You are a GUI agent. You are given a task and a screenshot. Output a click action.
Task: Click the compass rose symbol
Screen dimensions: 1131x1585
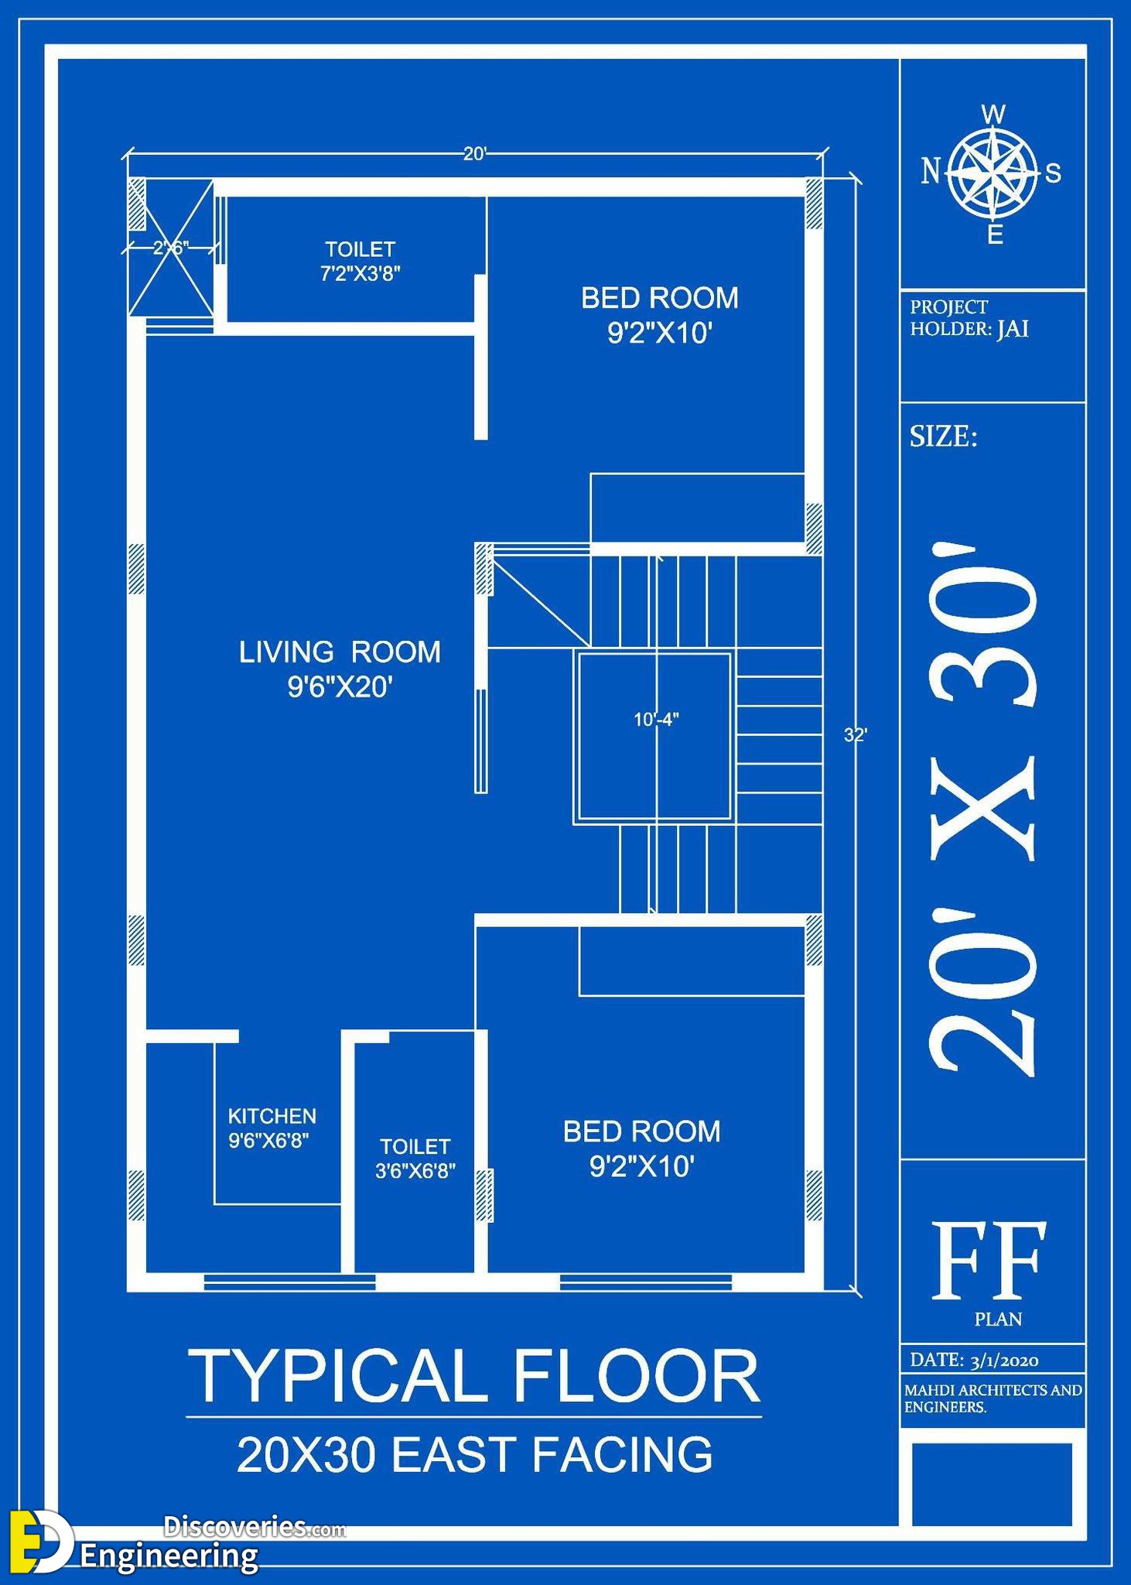coord(992,173)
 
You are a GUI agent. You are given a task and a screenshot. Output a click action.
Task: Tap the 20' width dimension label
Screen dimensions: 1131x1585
coord(475,154)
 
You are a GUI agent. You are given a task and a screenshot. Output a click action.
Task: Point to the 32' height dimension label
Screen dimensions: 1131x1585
coord(855,735)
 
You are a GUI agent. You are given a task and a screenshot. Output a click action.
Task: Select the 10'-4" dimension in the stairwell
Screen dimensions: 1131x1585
coord(656,720)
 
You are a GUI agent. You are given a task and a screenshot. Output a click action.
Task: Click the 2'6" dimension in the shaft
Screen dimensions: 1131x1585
coord(171,248)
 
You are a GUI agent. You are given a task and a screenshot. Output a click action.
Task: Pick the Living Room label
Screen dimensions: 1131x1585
coord(340,669)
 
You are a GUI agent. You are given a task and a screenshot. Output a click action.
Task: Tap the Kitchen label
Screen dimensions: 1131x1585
coord(271,1128)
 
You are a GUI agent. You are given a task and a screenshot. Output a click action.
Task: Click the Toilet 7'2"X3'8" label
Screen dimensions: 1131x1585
coord(360,262)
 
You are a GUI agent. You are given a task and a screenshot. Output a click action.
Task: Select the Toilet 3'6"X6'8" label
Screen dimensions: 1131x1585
coord(415,1159)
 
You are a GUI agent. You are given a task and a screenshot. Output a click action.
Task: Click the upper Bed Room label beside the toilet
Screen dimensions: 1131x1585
coord(660,315)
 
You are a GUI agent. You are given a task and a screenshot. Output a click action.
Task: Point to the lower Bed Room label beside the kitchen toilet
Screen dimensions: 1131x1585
coord(641,1149)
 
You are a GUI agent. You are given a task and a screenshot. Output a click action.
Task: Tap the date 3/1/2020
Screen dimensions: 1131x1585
coord(1005,1361)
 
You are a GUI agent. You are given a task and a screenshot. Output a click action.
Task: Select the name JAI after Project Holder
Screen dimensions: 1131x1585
coord(1013,329)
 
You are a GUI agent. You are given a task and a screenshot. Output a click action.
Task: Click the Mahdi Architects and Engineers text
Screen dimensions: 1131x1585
coord(993,1398)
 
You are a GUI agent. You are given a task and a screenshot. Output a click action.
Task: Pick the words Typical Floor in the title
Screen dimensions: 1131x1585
coord(474,1376)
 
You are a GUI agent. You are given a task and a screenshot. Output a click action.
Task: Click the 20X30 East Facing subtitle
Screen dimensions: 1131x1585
coord(475,1455)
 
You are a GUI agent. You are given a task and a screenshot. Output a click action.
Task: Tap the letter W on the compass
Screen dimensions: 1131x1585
coord(993,115)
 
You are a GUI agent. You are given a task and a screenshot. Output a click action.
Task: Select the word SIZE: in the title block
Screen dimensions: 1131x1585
coord(943,436)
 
